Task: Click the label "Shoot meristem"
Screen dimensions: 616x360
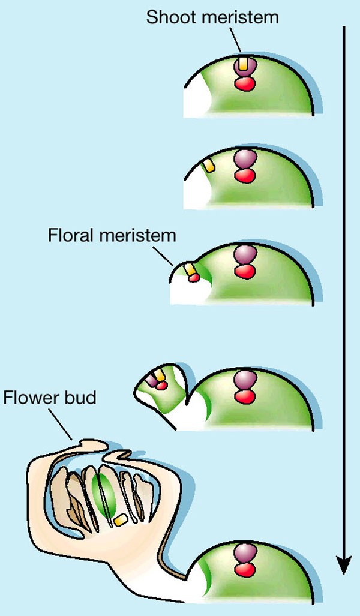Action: pos(212,17)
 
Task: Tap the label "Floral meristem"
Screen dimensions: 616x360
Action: pos(112,235)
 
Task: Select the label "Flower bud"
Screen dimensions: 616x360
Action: pos(49,398)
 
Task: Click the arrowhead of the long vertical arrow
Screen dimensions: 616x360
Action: pos(343,564)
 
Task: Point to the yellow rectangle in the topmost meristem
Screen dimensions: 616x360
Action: pos(242,63)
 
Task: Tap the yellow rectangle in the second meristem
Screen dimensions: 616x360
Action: pos(208,166)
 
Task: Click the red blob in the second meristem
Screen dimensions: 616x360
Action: pos(244,175)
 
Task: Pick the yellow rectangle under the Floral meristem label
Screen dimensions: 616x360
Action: pos(190,270)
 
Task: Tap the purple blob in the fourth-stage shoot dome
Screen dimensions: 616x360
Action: pos(244,379)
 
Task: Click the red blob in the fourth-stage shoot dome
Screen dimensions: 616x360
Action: pos(244,396)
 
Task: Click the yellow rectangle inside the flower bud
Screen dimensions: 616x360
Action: pos(121,520)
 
